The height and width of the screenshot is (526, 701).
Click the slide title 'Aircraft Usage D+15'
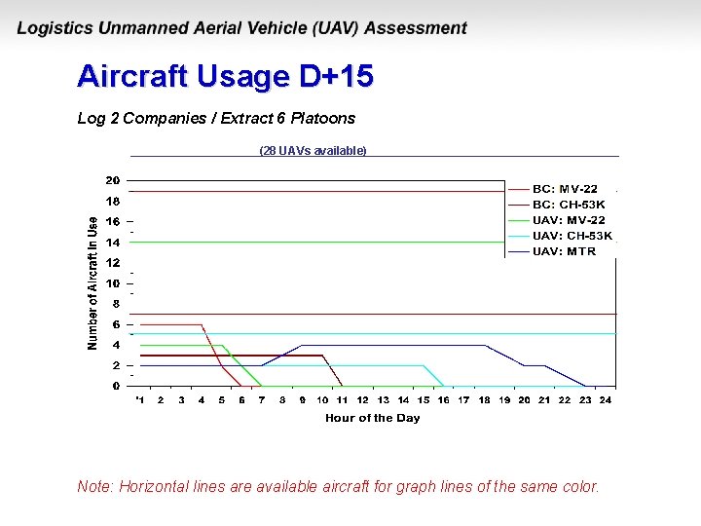(225, 76)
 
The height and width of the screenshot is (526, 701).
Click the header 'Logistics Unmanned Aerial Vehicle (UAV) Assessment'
(241, 28)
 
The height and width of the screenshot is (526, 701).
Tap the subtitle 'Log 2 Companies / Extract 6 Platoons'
(216, 118)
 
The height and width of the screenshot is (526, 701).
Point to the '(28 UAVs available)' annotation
(313, 150)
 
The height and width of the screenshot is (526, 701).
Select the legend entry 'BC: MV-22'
(565, 189)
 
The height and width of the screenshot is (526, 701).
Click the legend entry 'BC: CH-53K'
(569, 205)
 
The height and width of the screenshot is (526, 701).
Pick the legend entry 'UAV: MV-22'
(569, 220)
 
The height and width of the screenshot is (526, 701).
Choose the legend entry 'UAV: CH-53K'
(572, 236)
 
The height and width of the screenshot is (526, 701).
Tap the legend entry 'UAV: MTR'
(564, 251)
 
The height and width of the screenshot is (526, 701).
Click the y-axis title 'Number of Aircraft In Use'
(92, 283)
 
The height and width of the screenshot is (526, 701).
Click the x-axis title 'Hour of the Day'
(373, 418)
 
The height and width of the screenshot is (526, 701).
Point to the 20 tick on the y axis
(113, 180)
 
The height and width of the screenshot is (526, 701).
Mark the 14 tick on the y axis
(113, 242)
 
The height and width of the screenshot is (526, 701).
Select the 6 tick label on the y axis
(116, 324)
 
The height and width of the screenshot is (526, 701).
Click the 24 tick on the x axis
(606, 399)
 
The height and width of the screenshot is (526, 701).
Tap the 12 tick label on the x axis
(362, 399)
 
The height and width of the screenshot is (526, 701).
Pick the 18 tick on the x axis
(484, 399)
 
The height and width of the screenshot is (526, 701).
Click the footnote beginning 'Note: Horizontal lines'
(338, 486)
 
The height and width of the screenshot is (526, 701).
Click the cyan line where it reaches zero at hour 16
(444, 386)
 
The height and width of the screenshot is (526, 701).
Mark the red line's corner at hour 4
(202, 324)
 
